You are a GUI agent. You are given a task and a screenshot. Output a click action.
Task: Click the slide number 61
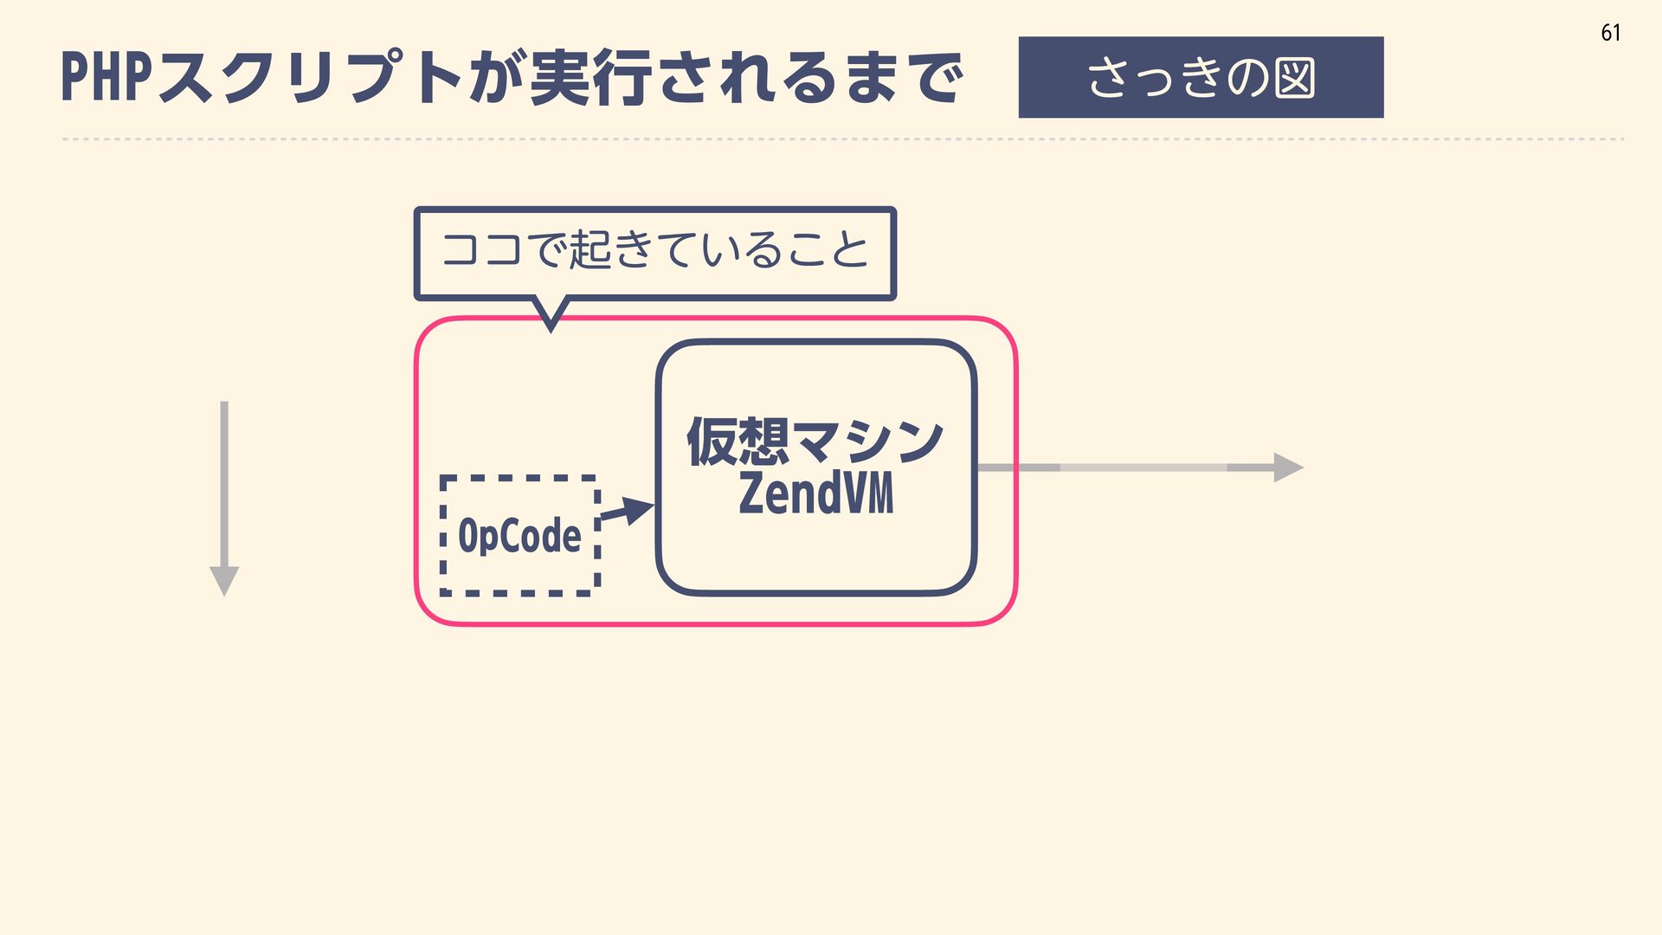tap(1610, 33)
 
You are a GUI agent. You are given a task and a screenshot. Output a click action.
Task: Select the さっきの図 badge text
tap(1201, 77)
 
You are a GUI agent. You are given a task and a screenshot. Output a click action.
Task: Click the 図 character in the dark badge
tap(1294, 78)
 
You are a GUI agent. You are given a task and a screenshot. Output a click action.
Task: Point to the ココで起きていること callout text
tap(654, 250)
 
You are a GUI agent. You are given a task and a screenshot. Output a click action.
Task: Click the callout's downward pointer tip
tap(551, 326)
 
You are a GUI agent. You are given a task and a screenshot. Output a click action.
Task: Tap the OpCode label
tap(519, 535)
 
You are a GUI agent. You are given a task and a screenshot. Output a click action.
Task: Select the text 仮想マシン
tap(815, 442)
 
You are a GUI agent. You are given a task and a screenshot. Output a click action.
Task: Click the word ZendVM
tap(815, 493)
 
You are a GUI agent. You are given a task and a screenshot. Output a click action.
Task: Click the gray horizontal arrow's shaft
tap(1143, 467)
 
